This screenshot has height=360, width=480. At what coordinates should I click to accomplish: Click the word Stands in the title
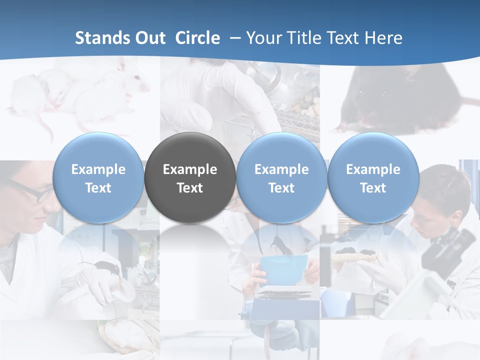pos(103,38)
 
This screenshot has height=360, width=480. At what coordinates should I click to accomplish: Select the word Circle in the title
pos(197,38)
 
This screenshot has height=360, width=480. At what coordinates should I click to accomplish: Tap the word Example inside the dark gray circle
pos(190,169)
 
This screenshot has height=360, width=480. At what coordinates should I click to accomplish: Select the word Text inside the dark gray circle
pos(190,188)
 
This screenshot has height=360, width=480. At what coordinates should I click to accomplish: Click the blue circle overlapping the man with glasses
pos(98,178)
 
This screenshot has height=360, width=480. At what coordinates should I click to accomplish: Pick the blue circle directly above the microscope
pos(373,178)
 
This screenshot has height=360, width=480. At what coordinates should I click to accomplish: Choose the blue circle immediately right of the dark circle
pos(281,178)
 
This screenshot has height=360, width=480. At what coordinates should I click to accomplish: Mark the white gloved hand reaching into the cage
pos(210,100)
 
